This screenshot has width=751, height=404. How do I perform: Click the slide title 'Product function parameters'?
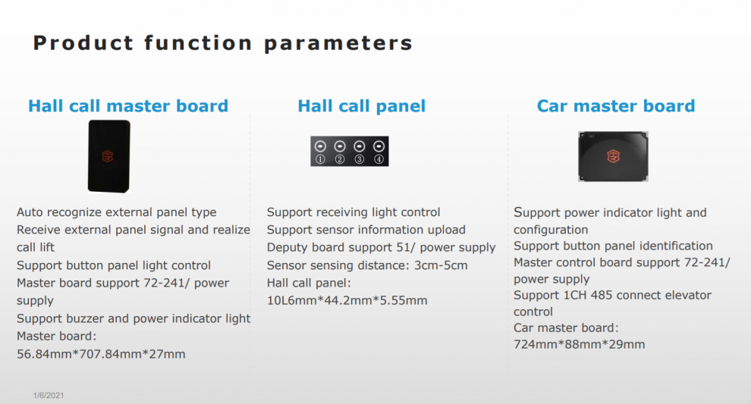point(223,43)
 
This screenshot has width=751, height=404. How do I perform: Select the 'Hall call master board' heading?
point(128,106)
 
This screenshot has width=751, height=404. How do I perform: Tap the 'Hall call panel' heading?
point(362,106)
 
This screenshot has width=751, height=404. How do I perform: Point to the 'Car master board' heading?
point(616,106)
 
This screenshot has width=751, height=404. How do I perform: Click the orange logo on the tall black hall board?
point(108,156)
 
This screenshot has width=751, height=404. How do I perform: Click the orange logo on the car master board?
point(613,156)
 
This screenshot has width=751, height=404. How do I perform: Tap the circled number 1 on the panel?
point(320,159)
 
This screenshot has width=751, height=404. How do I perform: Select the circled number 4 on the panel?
point(379,159)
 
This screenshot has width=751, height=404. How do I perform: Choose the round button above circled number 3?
point(360,146)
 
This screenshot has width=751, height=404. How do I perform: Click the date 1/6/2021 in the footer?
point(49,396)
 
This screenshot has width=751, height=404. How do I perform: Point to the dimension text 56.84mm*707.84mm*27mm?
point(101,354)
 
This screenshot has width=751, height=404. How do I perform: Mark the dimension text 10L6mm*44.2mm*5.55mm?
point(347,301)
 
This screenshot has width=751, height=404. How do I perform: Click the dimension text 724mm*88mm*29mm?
point(579,345)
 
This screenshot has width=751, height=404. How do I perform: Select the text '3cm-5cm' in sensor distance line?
point(441,265)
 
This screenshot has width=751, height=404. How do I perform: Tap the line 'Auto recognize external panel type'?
point(116,212)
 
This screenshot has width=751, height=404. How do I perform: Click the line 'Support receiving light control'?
point(354,212)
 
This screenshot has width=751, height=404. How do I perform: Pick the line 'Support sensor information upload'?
point(366,230)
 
